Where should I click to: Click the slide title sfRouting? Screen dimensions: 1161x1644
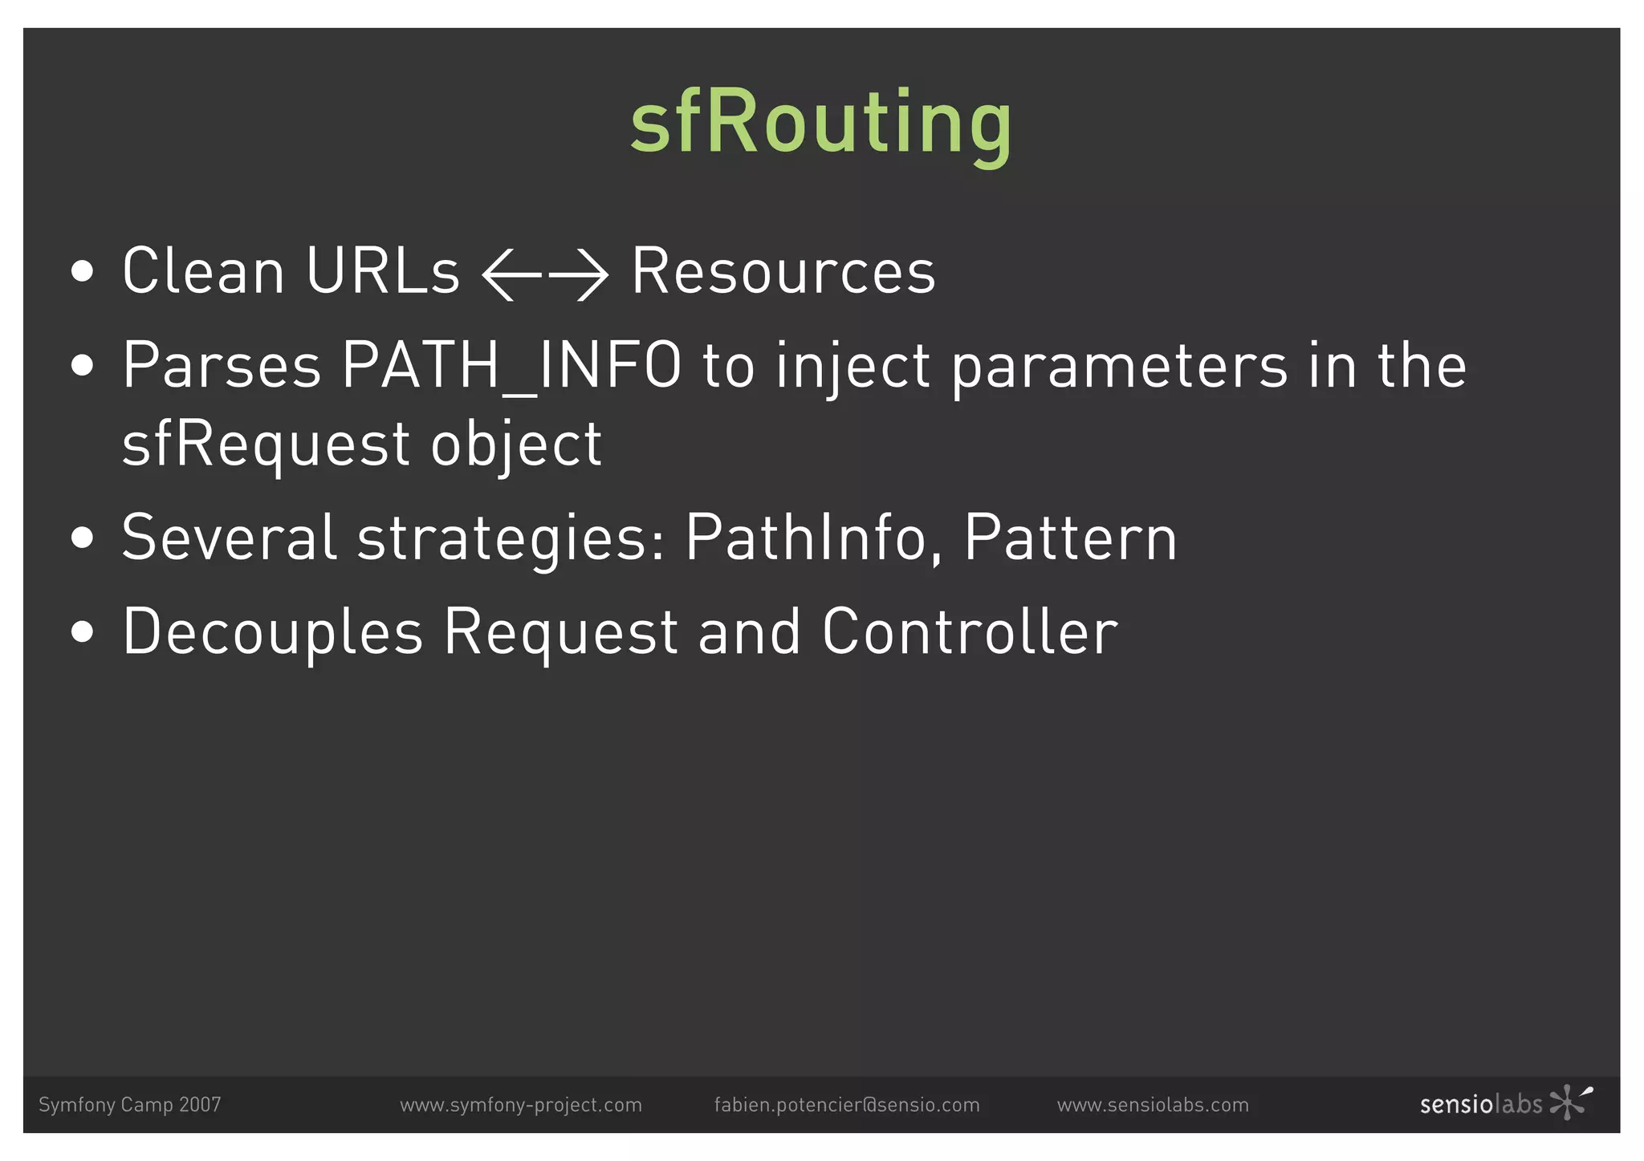820,123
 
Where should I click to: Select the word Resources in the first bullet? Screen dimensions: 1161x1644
783,272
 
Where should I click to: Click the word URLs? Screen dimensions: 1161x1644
382,272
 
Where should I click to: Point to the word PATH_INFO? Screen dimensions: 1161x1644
511,366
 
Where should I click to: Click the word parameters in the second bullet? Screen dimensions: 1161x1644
1120,366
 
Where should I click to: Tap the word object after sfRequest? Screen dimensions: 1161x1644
516,444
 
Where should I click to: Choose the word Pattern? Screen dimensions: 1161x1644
1070,538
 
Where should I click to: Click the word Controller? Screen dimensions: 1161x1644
970,631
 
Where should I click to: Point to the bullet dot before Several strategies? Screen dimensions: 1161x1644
82,538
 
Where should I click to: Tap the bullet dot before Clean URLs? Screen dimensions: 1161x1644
82,272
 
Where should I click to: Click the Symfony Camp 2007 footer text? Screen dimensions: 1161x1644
130,1105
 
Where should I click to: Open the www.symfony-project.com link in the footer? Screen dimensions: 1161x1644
521,1105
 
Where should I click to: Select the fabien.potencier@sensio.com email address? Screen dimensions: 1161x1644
847,1105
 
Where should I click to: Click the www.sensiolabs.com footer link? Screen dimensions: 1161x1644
1153,1105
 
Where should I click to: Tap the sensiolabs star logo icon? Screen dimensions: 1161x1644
1569,1102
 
